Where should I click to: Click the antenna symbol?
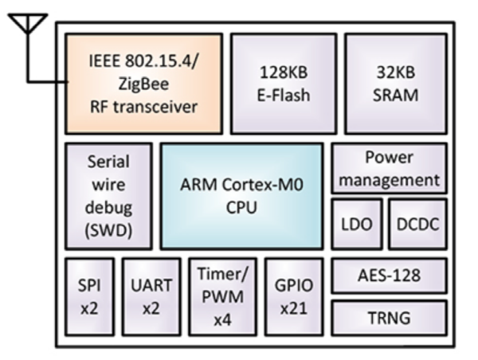[28, 24]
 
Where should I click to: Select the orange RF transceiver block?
[143, 84]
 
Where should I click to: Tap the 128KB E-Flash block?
[284, 84]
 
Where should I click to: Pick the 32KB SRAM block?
[396, 84]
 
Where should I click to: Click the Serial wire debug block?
[108, 196]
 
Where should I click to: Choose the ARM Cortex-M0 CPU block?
[241, 196]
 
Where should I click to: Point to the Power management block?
[390, 168]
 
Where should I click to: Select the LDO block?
[357, 224]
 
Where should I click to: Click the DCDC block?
[418, 224]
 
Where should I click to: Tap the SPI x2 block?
[89, 297]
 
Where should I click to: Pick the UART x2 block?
[151, 297]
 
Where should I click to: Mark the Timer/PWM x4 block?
[222, 297]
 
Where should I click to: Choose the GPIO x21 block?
[294, 297]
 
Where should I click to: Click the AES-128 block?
[390, 276]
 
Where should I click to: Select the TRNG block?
[390, 318]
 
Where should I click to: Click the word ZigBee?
[143, 84]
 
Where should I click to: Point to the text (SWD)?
[108, 231]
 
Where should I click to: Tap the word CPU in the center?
[241, 208]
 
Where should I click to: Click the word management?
[390, 180]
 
